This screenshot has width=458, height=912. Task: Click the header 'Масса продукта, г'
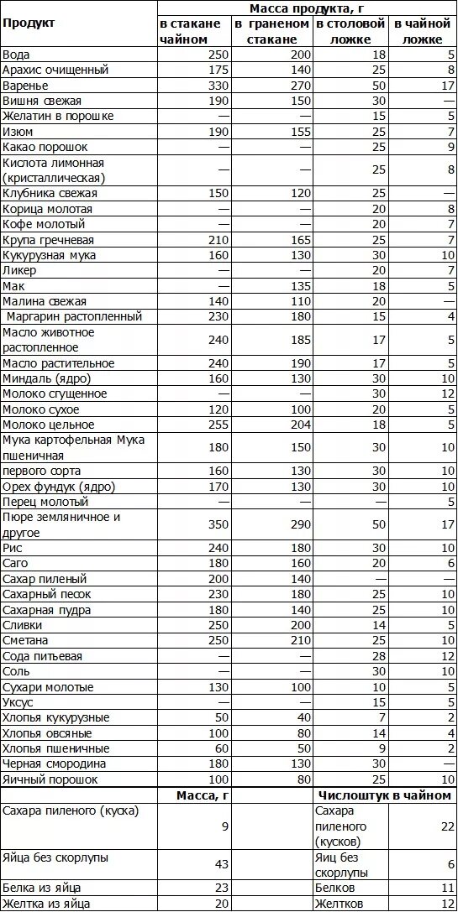(307, 8)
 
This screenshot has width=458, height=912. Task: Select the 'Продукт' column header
(29, 23)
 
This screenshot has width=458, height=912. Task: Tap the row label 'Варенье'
(25, 86)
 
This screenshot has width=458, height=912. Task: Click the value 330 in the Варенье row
(217, 86)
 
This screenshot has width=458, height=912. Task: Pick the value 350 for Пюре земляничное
(217, 524)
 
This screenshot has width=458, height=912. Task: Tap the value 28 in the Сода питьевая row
(378, 656)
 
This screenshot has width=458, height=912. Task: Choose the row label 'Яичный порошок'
(50, 779)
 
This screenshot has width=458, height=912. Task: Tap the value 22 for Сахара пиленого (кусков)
(446, 826)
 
